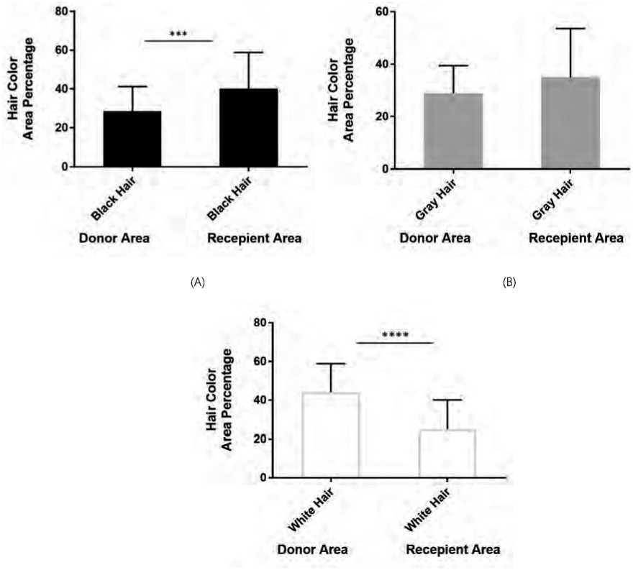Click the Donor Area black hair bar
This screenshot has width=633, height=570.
click(132, 139)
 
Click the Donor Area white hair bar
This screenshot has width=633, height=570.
click(331, 435)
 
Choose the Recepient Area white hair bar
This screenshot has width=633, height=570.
click(449, 454)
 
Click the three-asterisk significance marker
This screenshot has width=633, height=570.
click(178, 34)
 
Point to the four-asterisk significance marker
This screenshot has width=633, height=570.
click(395, 335)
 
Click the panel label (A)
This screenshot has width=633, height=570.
click(197, 282)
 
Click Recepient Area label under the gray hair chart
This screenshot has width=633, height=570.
click(576, 239)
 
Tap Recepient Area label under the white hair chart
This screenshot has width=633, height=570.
click(452, 550)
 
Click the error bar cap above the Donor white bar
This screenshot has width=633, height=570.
click(331, 364)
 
